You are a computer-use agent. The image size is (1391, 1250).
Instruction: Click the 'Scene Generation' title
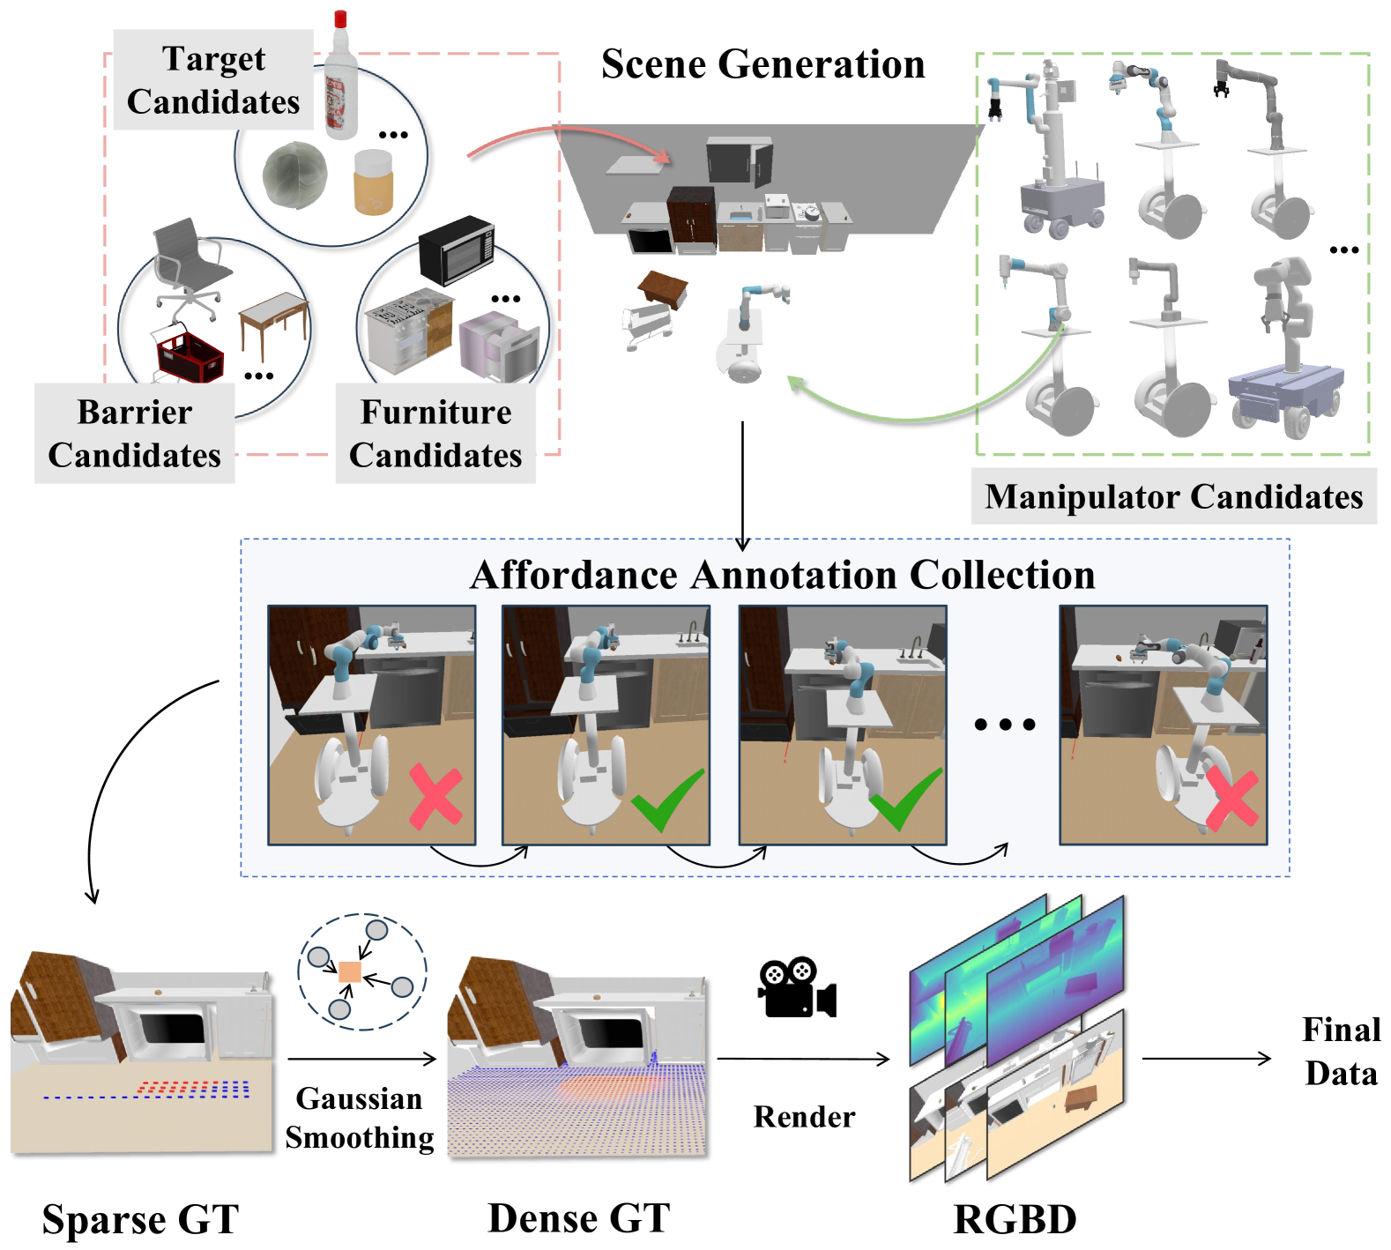pyautogui.click(x=763, y=64)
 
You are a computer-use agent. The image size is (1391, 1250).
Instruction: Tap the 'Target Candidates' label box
pyautogui.click(x=213, y=80)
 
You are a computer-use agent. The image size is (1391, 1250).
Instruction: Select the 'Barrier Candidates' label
pyautogui.click(x=135, y=434)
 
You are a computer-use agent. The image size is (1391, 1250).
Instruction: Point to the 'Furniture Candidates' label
pyautogui.click(x=435, y=434)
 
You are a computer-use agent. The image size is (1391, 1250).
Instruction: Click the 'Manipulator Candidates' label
pyautogui.click(x=1174, y=496)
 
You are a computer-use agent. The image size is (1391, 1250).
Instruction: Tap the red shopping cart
pyautogui.click(x=188, y=353)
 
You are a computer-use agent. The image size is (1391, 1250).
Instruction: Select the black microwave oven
pyautogui.click(x=457, y=250)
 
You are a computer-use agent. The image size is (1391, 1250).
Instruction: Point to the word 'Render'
pyautogui.click(x=804, y=1117)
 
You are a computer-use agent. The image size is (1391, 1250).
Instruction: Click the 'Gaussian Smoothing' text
pyautogui.click(x=360, y=1118)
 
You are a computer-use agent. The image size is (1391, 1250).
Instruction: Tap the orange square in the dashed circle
pyautogui.click(x=350, y=972)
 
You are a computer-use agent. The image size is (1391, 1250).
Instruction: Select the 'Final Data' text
pyautogui.click(x=1342, y=1052)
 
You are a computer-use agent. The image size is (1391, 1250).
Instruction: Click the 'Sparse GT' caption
pyautogui.click(x=141, y=1220)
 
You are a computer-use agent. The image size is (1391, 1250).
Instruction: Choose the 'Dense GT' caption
pyautogui.click(x=579, y=1218)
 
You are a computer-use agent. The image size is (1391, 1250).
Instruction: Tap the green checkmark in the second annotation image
pyautogui.click(x=667, y=800)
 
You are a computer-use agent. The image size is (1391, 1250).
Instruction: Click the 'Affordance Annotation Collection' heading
pyautogui.click(x=783, y=575)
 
